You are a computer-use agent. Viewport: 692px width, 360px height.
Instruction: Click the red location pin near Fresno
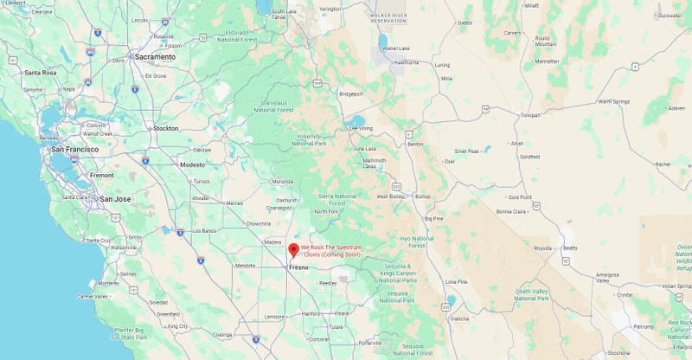pyautogui.click(x=293, y=250)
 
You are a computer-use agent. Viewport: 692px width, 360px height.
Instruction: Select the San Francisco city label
pyautogui.click(x=74, y=150)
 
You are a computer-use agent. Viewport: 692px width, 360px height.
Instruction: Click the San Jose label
pyautogui.click(x=115, y=199)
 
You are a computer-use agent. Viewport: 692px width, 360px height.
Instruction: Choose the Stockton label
pyautogui.click(x=165, y=128)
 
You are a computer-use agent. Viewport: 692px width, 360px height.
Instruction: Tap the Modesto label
pyautogui.click(x=192, y=164)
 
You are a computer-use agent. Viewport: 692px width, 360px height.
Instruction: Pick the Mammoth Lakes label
pyautogui.click(x=375, y=163)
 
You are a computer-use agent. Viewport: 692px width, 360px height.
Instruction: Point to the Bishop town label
pyautogui.click(x=422, y=196)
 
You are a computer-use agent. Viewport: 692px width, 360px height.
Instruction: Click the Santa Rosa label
pyautogui.click(x=41, y=73)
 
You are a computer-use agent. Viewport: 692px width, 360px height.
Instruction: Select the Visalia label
pyautogui.click(x=341, y=313)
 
